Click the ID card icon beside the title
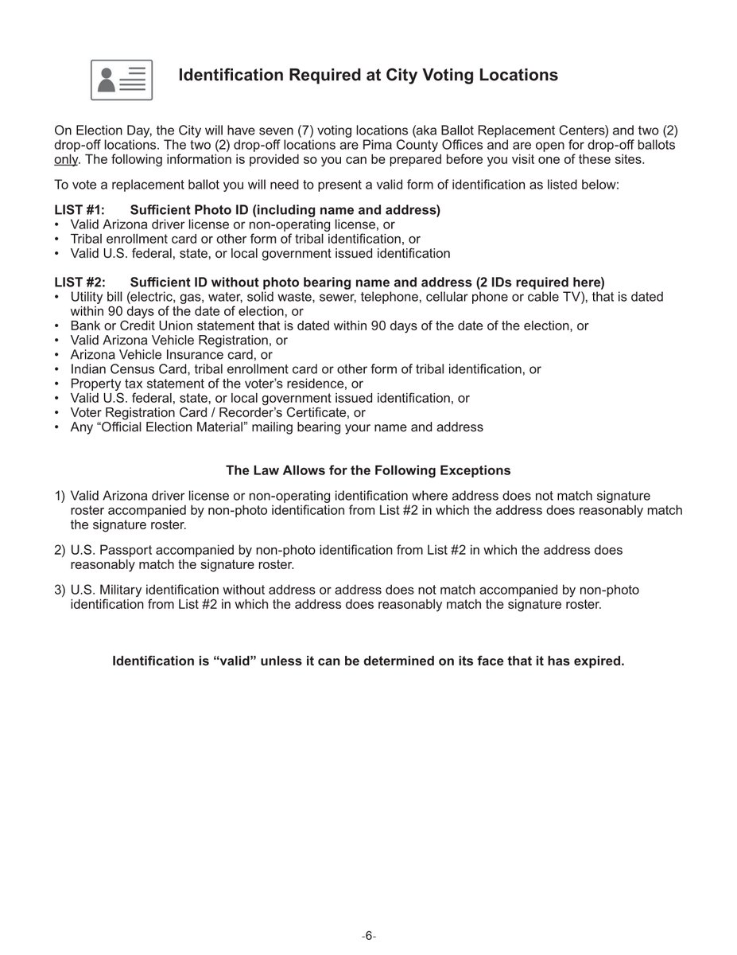click(122, 80)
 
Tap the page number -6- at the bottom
click(368, 937)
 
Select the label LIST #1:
click(80, 210)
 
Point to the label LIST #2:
click(80, 283)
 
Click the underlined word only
click(66, 159)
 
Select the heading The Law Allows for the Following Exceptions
click(368, 470)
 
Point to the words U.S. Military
click(106, 590)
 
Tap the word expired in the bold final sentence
click(599, 661)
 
